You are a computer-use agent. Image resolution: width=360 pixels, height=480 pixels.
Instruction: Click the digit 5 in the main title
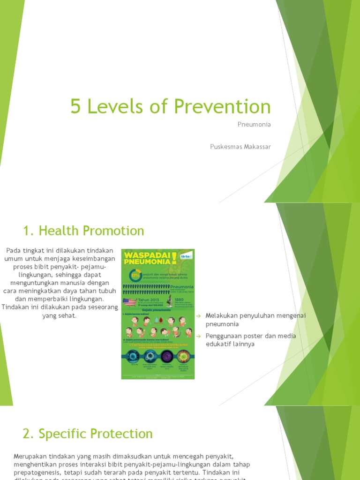point(75,107)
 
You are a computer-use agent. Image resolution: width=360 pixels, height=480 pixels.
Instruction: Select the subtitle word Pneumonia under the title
point(255,125)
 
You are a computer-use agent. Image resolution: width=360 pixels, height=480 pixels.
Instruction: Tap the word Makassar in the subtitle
point(255,147)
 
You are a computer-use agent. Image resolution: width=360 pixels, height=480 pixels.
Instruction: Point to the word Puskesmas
point(225,147)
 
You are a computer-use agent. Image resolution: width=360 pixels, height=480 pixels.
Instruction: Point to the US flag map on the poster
point(129,301)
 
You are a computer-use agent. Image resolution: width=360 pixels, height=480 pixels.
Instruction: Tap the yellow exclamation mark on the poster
point(174,258)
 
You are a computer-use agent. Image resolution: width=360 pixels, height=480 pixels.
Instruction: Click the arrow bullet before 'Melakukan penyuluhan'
point(199,315)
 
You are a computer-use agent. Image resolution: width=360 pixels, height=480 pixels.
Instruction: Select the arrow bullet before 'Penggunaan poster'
point(199,336)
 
